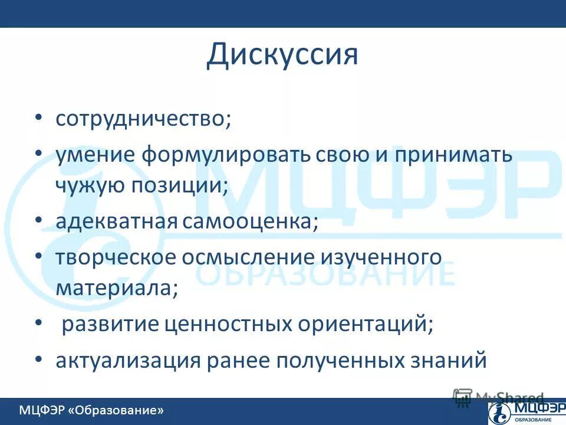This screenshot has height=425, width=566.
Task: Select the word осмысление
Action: point(254,258)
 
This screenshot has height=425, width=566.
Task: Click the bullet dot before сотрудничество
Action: point(38,117)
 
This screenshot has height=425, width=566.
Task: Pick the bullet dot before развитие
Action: point(38,323)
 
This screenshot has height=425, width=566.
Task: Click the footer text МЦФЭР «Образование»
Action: point(91,410)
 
